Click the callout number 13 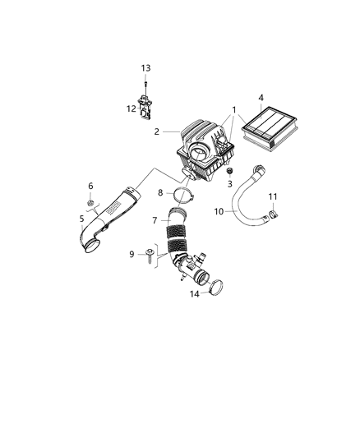[145, 67]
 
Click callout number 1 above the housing [234, 109]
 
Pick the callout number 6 [90, 187]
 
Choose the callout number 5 [81, 219]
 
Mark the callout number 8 [161, 193]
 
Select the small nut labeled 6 [90, 202]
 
